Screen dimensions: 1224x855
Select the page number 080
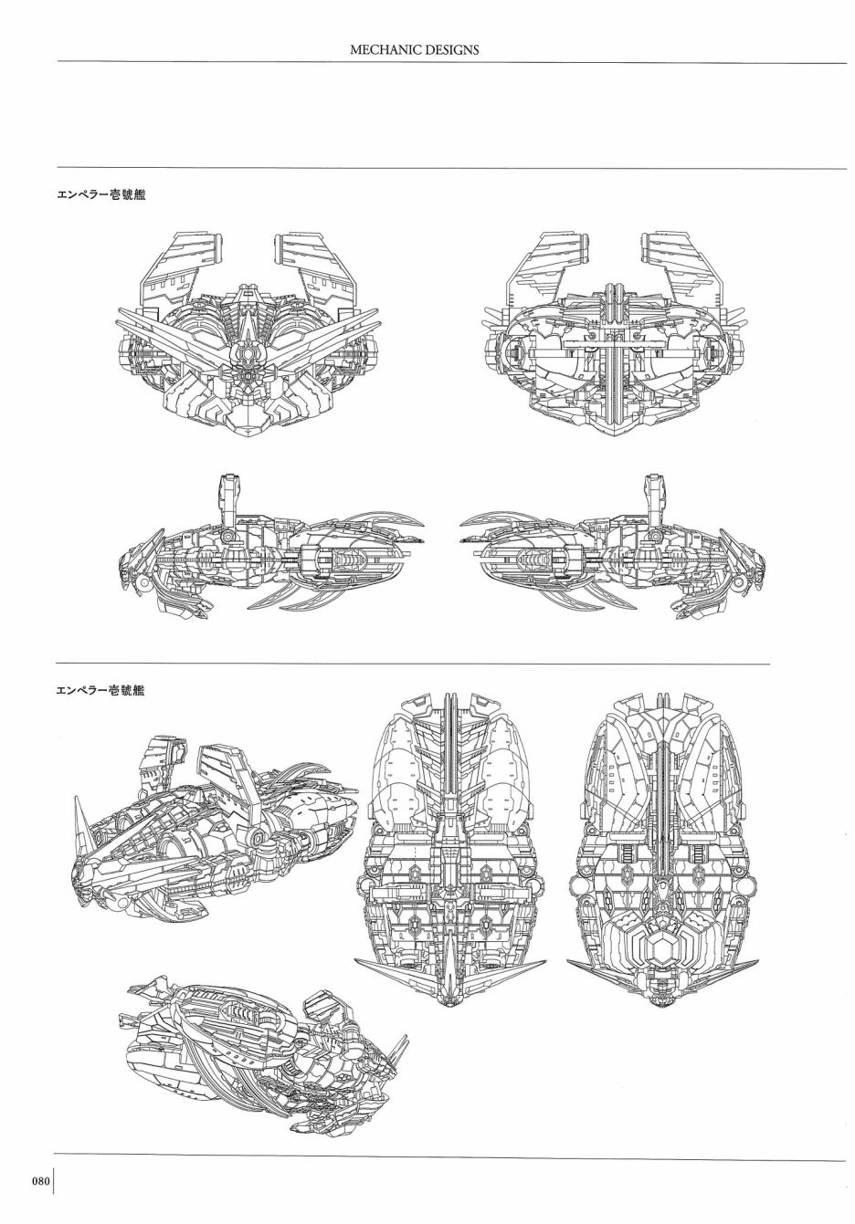pos(40,1180)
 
